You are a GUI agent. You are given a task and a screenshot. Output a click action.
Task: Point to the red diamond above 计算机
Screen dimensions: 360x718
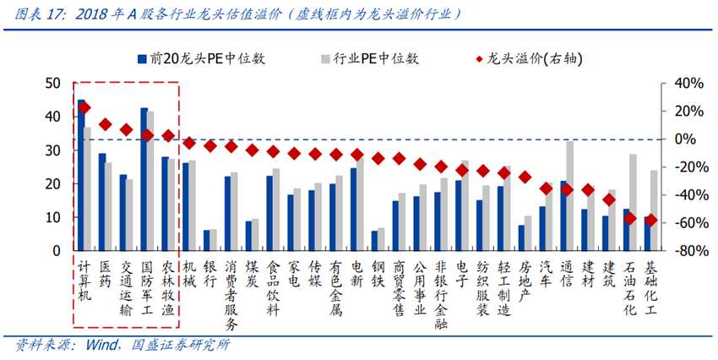click(x=84, y=108)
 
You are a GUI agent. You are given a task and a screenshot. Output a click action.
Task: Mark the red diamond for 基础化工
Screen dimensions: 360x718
click(x=650, y=220)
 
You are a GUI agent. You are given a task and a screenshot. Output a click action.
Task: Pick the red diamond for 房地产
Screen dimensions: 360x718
click(x=525, y=177)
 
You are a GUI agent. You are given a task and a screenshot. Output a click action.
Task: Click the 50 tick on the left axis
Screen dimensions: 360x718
click(x=53, y=83)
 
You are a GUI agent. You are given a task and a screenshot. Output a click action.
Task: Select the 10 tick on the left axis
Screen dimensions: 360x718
click(x=53, y=217)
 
